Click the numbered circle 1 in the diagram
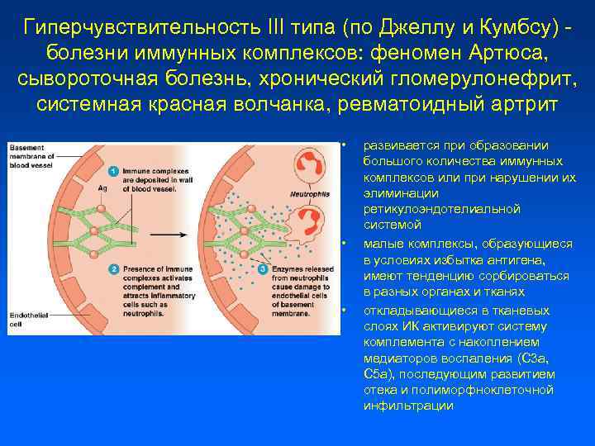point(113,170)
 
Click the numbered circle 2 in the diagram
point(113,269)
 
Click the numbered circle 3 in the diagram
point(262,269)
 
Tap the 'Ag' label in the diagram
point(102,189)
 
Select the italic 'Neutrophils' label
point(307,194)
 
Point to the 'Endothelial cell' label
point(27,320)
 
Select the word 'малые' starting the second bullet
point(381,244)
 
